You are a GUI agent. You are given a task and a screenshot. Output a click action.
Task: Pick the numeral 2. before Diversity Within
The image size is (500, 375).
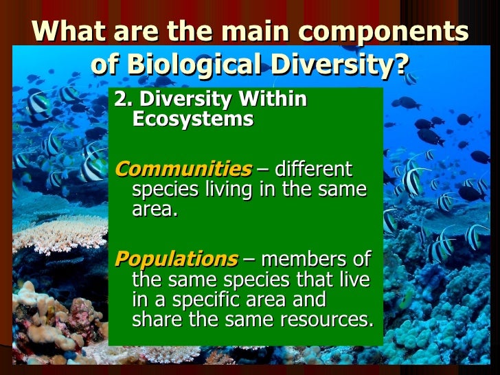(122, 100)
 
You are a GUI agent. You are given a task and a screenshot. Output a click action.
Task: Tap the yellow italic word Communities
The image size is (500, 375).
(183, 169)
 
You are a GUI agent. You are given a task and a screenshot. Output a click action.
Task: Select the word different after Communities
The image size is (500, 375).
(314, 169)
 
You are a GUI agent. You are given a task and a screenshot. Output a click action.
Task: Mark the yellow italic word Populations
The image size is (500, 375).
(176, 260)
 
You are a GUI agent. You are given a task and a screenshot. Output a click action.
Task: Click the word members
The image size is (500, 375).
(304, 260)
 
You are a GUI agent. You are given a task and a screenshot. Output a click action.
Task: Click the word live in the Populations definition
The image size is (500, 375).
(350, 280)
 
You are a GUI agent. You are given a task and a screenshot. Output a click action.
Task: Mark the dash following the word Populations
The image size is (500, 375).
(247, 260)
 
